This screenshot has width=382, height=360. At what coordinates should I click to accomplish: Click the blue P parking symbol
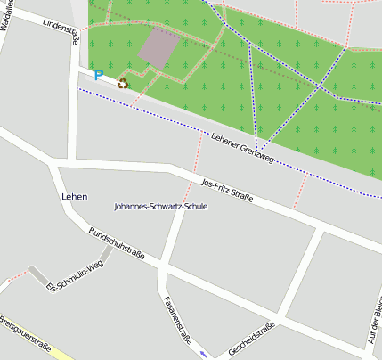[98, 77]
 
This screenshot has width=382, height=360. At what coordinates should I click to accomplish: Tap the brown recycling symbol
[122, 83]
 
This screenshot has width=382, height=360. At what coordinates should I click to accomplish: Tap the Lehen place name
[74, 196]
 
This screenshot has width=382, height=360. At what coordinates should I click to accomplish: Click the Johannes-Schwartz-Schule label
[161, 206]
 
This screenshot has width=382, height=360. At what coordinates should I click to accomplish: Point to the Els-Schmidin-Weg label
[74, 275]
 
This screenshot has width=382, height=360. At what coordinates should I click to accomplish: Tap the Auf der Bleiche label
[374, 324]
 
